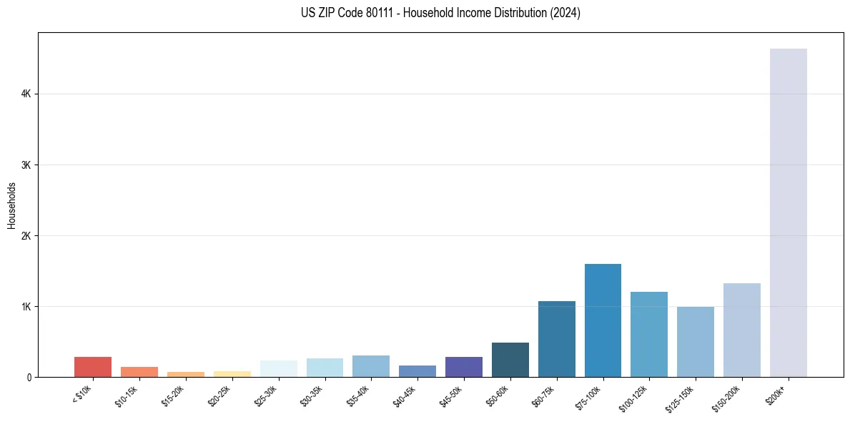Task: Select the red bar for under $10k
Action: pyautogui.click(x=93, y=366)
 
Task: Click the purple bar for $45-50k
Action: pyautogui.click(x=463, y=366)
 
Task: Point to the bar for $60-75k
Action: pyautogui.click(x=556, y=339)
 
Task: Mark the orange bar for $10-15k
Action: pyautogui.click(x=139, y=372)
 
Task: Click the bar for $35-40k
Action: pyautogui.click(x=371, y=366)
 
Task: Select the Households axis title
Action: pyautogui.click(x=11, y=205)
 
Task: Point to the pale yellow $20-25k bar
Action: pyautogui.click(x=232, y=373)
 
